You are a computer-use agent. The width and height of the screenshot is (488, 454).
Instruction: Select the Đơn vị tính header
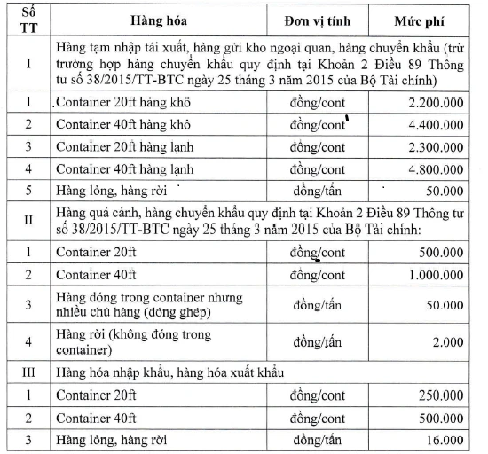pos(319,20)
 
